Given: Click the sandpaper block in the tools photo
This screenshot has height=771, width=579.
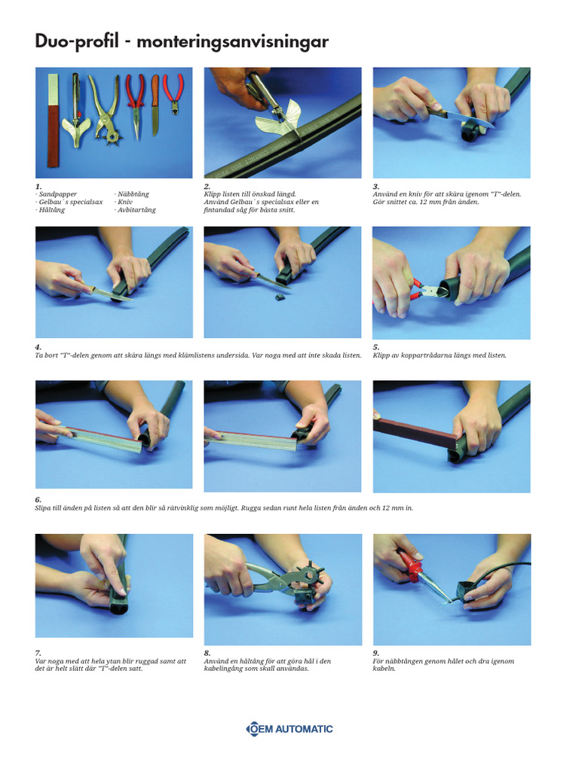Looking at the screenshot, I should tap(54, 120).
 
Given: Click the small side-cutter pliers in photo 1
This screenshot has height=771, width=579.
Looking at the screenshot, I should tap(173, 93).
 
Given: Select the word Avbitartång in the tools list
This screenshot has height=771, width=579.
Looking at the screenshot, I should tap(136, 210).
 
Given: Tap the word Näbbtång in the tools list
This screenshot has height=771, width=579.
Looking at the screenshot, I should tap(133, 194).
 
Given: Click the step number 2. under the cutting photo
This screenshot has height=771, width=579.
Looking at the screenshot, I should tap(207, 186).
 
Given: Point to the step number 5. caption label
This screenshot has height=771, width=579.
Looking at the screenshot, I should tap(376, 347).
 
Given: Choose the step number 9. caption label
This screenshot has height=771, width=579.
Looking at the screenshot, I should tap(376, 653).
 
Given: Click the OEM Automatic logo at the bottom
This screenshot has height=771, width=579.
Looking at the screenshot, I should tap(289, 728).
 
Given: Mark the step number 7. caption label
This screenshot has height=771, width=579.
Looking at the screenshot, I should tap(38, 653).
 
